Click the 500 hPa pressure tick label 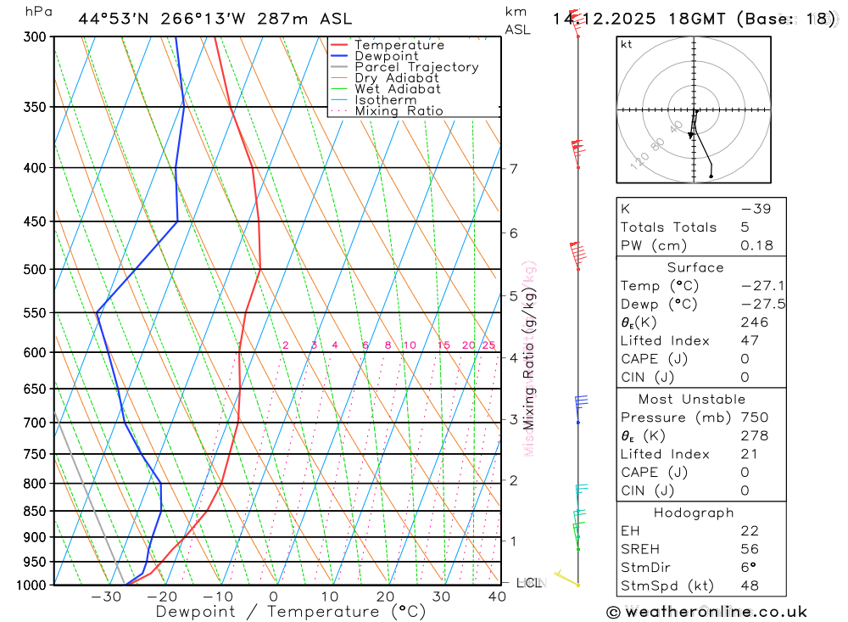[36, 269]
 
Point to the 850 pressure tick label [36, 511]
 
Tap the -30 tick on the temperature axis [106, 597]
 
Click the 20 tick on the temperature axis [386, 597]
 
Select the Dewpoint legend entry [386, 56]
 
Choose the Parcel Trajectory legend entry [416, 67]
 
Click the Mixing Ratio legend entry [399, 111]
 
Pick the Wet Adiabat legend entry [397, 89]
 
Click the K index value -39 [756, 209]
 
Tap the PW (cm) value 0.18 [757, 245]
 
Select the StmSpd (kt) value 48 [750, 586]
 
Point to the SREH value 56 [750, 549]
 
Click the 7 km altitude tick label [514, 168]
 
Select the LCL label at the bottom [529, 583]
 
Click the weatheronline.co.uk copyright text [706, 612]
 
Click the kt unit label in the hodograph [626, 44]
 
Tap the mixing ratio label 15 [444, 345]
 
